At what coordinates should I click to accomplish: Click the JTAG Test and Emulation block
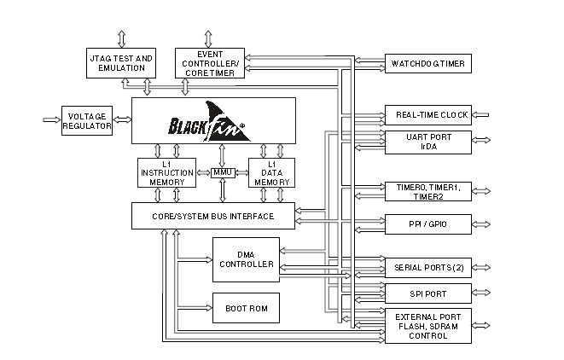tap(121, 63)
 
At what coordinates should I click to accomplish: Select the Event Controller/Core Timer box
tap(209, 63)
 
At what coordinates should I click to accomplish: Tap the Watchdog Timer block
tap(427, 63)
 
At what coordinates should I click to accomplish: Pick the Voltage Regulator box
tap(87, 122)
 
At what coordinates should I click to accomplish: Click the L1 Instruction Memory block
tap(167, 173)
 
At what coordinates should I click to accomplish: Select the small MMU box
tap(223, 173)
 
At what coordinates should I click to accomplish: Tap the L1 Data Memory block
tap(271, 173)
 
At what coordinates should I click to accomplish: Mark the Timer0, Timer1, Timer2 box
tap(427, 191)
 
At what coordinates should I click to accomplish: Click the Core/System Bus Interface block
tap(213, 216)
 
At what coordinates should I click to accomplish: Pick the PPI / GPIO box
tap(427, 224)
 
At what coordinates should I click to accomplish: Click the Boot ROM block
tap(245, 307)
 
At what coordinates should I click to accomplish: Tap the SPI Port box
tap(427, 294)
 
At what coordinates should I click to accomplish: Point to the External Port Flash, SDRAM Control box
tap(427, 326)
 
